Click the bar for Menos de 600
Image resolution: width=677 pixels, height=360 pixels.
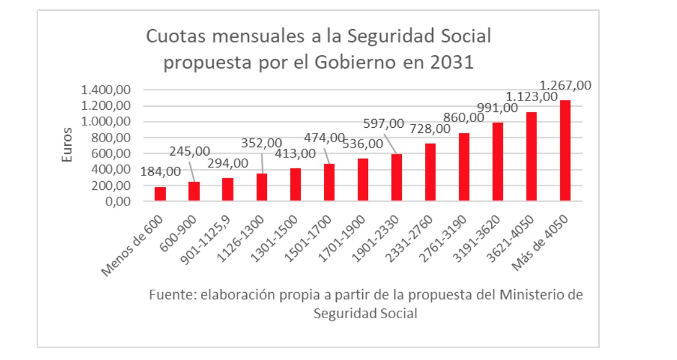[x=160, y=194]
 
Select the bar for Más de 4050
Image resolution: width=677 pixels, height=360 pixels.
[x=565, y=151]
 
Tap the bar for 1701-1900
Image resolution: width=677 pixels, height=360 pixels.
[x=362, y=180]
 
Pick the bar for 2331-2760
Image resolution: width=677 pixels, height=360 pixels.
[x=430, y=172]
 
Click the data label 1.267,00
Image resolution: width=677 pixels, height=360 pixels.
[x=566, y=85]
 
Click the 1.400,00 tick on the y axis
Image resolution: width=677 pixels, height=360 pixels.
[x=107, y=90]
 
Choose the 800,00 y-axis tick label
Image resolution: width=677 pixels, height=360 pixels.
[x=111, y=138]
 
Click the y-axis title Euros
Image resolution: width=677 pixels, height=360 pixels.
[x=67, y=145]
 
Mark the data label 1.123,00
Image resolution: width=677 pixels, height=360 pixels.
[x=532, y=96]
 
